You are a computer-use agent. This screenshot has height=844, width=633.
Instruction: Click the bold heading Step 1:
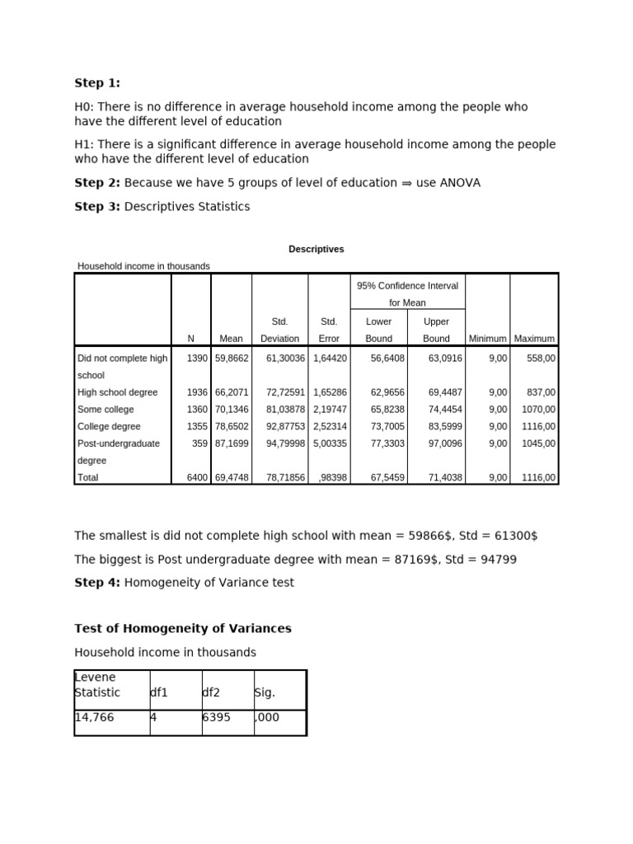click(x=97, y=83)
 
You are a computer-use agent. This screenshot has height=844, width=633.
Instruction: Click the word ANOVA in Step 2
click(x=459, y=183)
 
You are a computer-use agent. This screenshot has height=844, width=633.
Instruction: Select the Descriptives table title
click(x=316, y=249)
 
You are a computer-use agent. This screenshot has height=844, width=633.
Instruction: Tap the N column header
click(x=190, y=339)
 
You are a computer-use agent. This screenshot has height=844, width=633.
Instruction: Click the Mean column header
click(x=231, y=339)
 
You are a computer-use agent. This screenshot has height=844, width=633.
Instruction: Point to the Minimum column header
click(x=487, y=339)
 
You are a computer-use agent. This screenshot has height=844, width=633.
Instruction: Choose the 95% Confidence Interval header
click(x=407, y=286)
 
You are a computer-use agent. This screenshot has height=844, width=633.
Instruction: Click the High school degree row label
click(x=117, y=392)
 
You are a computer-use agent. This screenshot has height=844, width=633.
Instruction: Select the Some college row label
click(x=105, y=410)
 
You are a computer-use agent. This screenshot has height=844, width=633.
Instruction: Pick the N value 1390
click(x=196, y=359)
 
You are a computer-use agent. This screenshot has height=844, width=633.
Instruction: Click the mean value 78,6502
click(x=231, y=427)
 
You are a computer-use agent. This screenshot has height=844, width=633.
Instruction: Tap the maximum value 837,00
click(x=540, y=392)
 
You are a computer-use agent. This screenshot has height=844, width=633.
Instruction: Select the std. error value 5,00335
click(x=329, y=443)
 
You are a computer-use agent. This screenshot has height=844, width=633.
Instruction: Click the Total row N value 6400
click(x=196, y=477)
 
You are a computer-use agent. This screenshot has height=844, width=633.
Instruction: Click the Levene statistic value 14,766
click(x=95, y=718)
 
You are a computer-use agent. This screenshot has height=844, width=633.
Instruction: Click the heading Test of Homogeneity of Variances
click(x=183, y=629)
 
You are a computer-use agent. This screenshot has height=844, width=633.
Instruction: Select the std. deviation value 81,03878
click(x=280, y=410)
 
